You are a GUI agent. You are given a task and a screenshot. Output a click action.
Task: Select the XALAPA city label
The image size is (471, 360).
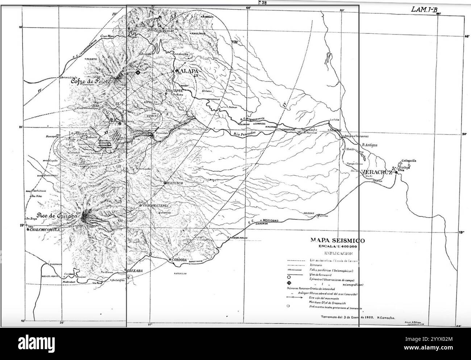click(188, 71)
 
